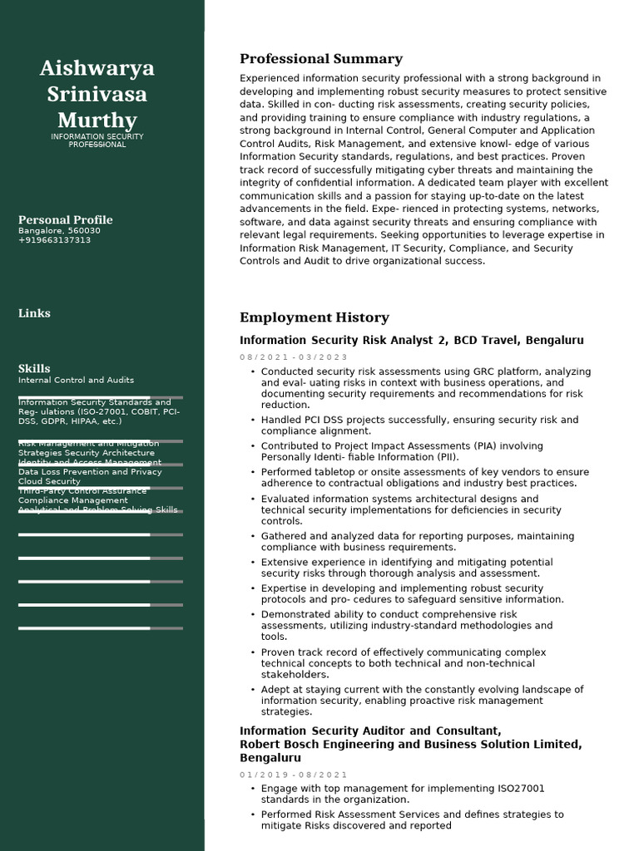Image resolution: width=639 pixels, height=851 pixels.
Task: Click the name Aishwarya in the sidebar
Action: click(97, 68)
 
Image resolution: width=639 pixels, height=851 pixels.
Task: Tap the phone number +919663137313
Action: click(54, 240)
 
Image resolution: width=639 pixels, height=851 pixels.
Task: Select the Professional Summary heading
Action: click(320, 59)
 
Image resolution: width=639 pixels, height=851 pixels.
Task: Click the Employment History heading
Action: click(314, 317)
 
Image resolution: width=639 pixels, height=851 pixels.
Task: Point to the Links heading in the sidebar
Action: click(34, 313)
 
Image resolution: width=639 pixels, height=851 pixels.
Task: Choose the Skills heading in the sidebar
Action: click(34, 368)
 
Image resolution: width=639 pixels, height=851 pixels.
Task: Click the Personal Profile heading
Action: click(65, 219)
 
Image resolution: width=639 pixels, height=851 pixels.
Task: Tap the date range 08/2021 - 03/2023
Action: click(293, 357)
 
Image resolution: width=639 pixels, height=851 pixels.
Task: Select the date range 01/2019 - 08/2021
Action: click(293, 775)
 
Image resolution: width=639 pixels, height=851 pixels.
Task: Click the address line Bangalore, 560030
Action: click(59, 230)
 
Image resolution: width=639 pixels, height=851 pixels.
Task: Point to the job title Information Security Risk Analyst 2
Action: click(344, 341)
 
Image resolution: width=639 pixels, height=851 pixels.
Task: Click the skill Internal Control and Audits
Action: click(76, 380)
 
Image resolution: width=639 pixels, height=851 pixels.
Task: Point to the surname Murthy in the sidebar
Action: click(97, 120)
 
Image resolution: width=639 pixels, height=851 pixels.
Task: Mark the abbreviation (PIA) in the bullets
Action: click(452, 446)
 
